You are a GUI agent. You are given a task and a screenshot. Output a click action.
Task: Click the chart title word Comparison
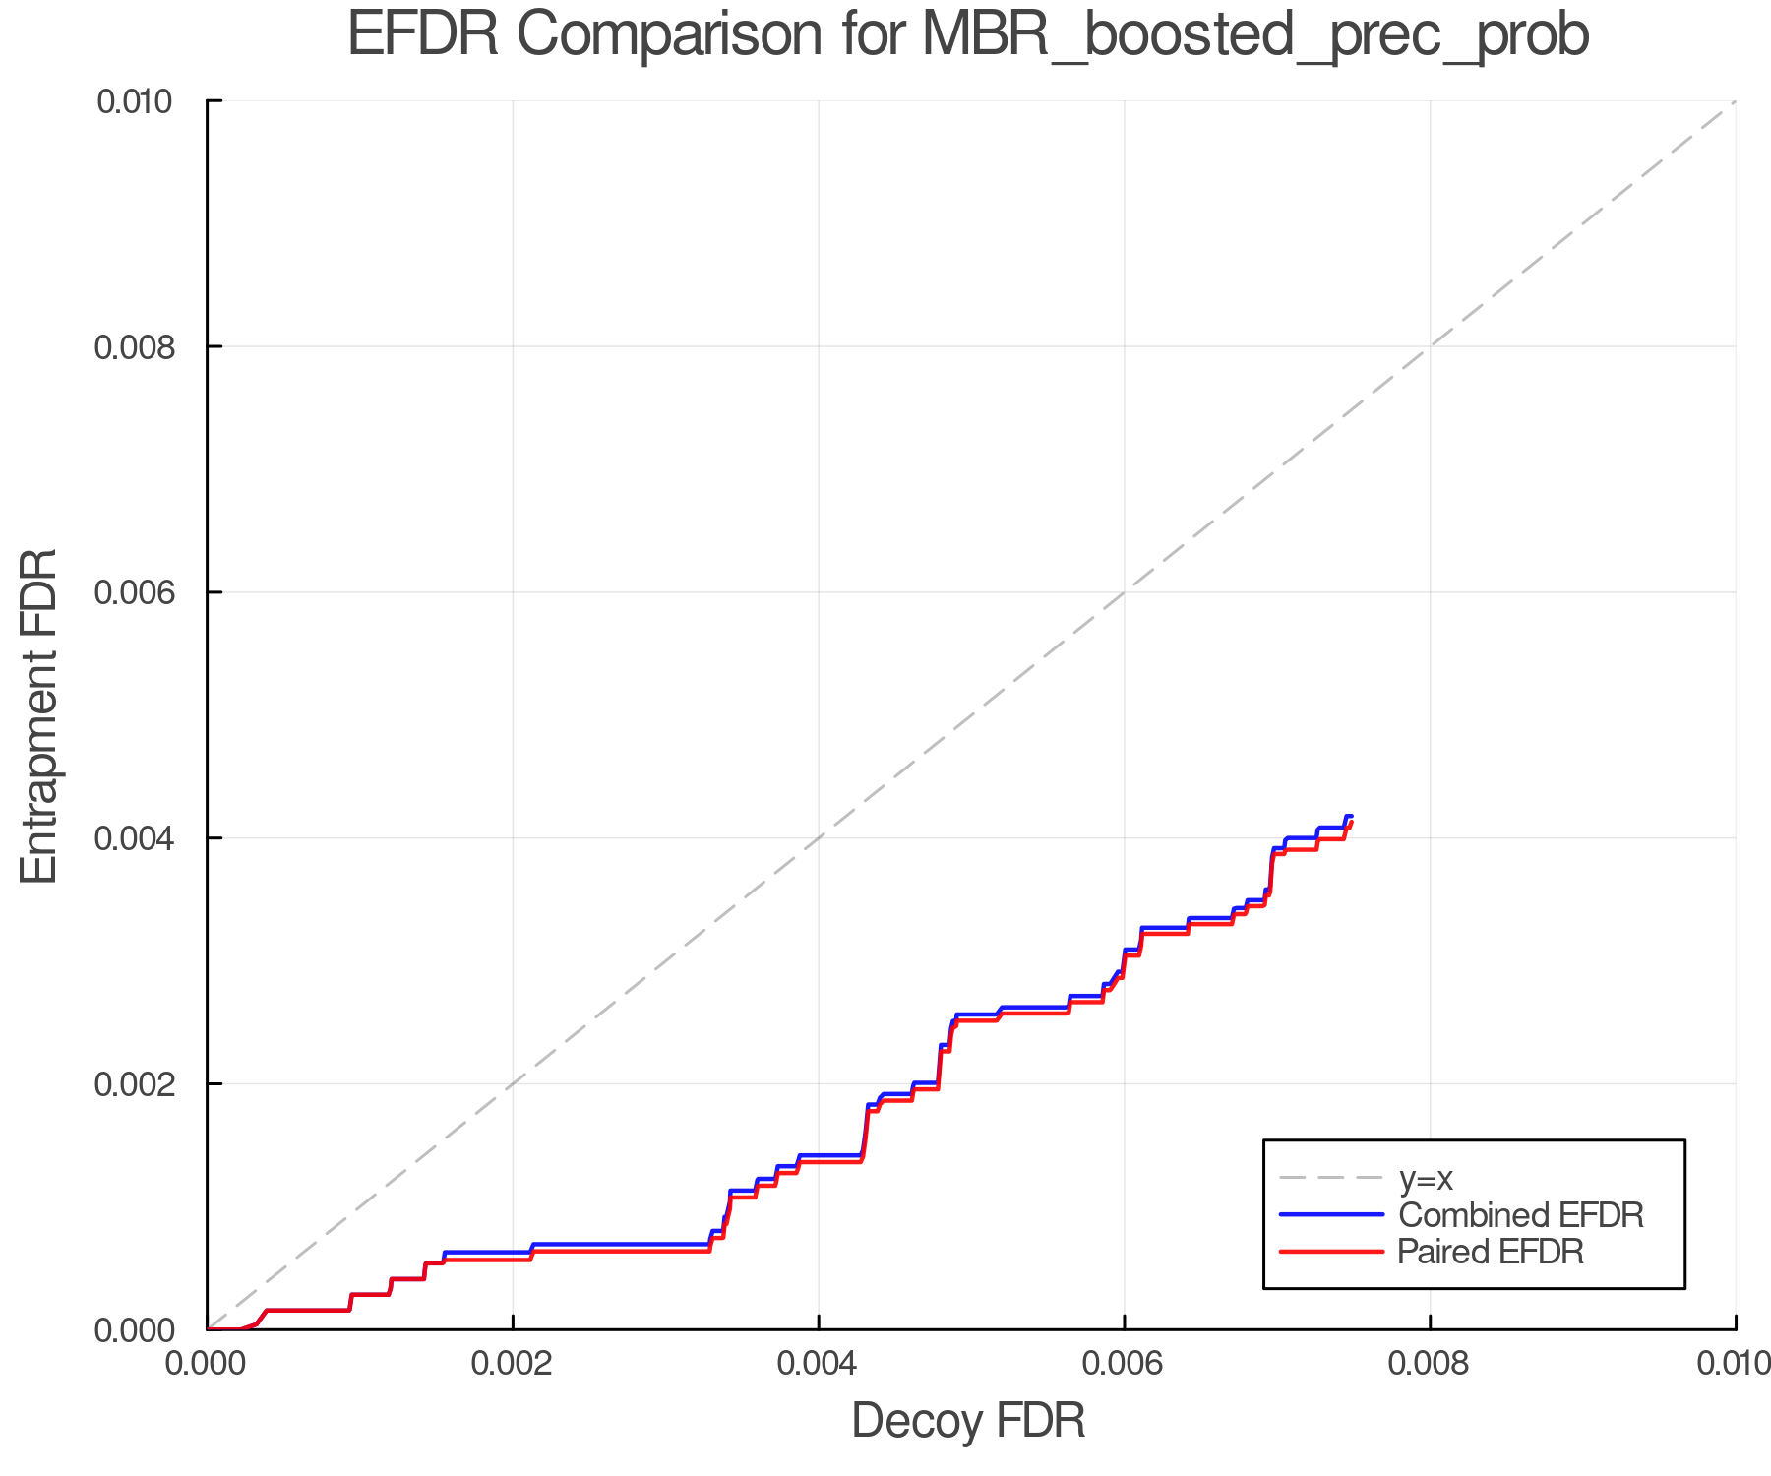669,35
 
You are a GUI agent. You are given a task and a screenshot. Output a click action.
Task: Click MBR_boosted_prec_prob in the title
1255,37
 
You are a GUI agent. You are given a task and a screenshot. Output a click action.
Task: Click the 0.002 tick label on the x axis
513,1364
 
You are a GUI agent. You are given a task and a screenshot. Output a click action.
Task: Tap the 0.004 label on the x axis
819,1364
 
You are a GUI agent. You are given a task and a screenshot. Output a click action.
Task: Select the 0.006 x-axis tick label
1125,1364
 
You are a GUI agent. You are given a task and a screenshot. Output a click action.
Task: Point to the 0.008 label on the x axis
1430,1364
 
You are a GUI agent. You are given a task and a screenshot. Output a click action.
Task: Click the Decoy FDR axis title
968,1421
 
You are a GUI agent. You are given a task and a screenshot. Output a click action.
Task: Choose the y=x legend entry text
1426,1178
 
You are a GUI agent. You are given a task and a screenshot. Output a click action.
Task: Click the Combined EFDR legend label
1520,1215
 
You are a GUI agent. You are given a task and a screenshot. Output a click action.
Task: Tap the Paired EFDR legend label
1491,1252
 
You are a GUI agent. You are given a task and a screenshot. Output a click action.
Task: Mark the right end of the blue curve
1352,816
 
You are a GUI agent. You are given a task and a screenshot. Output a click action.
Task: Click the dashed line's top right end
1735,101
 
